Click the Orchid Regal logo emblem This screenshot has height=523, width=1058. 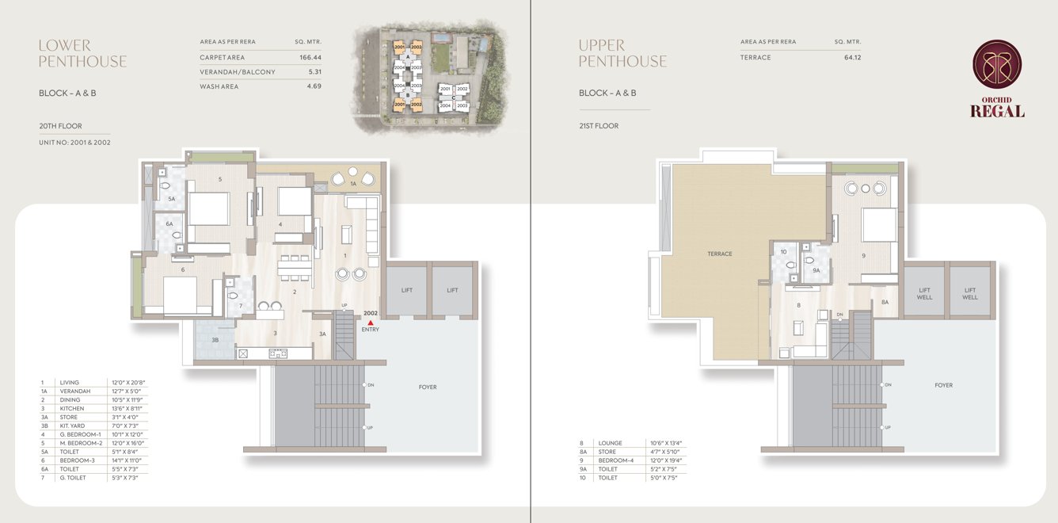(997, 65)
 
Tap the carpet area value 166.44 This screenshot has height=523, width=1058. (310, 58)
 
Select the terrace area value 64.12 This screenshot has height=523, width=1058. (852, 58)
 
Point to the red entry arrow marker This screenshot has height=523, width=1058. (370, 322)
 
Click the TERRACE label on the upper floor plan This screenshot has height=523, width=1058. (719, 254)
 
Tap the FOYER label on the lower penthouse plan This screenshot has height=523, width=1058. (428, 387)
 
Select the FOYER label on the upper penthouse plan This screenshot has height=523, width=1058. (943, 385)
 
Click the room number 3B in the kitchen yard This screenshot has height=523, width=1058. (215, 340)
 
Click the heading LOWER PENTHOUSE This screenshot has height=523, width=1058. (82, 53)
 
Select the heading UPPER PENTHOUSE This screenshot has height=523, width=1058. (622, 53)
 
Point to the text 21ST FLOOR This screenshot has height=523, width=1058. (598, 126)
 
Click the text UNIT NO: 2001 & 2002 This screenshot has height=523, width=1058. (74, 143)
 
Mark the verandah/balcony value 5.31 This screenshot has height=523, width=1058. (314, 72)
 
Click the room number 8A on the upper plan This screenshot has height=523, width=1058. (885, 302)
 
